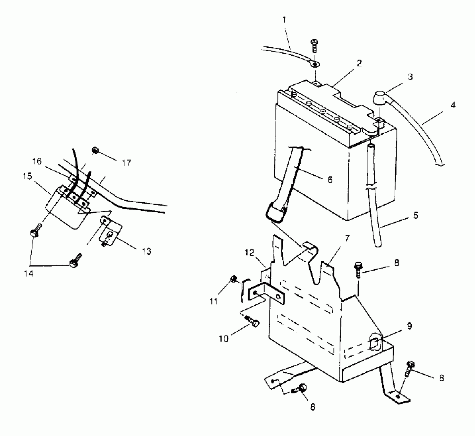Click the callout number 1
(284, 19)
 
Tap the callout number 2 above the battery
(359, 63)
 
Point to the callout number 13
(147, 251)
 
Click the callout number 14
(29, 274)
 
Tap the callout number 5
(416, 215)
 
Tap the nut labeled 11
(233, 279)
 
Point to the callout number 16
(37, 162)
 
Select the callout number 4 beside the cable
(453, 105)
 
